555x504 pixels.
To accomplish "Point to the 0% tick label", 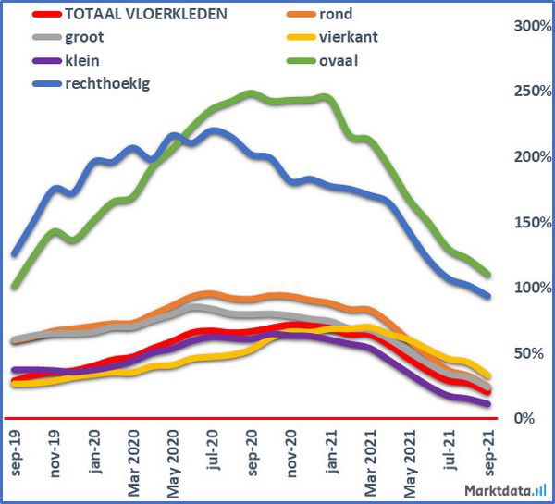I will [523, 419].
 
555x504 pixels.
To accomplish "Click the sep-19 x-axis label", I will [16, 452].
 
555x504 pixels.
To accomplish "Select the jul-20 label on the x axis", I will [214, 449].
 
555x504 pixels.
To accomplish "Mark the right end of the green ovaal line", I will [488, 274].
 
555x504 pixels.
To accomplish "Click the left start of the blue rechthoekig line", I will [15, 253].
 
